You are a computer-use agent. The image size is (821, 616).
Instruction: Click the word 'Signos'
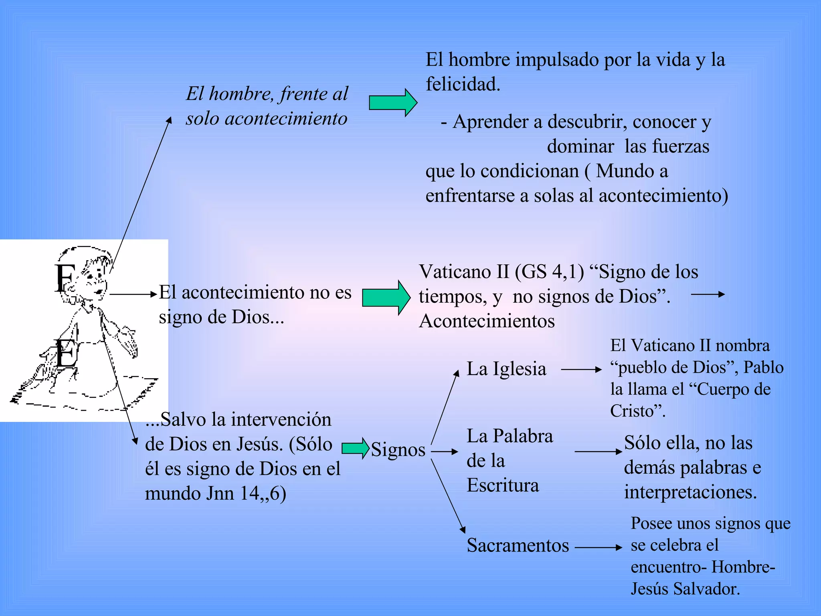(x=398, y=450)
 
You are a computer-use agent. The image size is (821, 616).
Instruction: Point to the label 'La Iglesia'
(x=506, y=369)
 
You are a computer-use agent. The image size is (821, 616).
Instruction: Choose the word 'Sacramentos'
(x=518, y=545)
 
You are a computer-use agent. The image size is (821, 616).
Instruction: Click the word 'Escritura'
(x=503, y=485)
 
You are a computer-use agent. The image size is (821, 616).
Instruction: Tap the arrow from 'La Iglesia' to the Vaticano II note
(x=581, y=369)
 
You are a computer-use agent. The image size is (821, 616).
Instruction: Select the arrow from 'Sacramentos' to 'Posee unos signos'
(x=598, y=547)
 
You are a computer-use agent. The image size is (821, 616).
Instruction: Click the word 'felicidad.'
(x=463, y=84)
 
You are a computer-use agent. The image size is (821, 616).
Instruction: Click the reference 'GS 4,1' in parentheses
(x=549, y=272)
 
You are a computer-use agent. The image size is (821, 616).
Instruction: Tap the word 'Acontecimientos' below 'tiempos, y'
(x=487, y=321)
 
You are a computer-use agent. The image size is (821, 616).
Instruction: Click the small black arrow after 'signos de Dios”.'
(x=708, y=294)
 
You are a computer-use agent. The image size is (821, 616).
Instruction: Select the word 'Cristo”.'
(x=638, y=411)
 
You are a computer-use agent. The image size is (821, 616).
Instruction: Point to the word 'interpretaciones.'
(x=690, y=492)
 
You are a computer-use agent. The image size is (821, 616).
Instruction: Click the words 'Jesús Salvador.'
(x=685, y=589)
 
